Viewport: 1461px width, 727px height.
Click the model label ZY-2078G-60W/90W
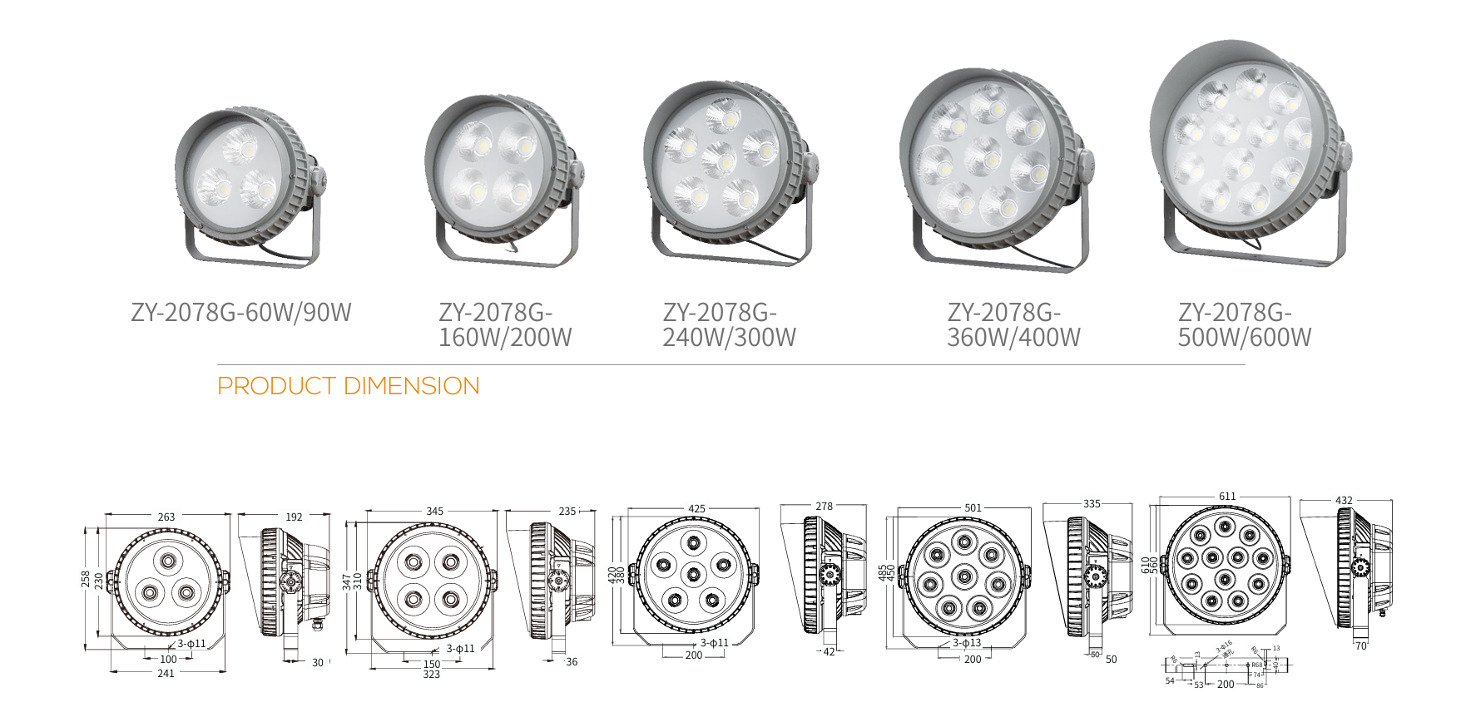241,313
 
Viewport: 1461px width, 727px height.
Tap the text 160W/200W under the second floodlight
505,338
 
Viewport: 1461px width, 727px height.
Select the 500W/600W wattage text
1244,338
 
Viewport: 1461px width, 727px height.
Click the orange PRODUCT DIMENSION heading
348,386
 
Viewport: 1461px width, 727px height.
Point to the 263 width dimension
166,517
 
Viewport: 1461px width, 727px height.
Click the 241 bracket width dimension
166,673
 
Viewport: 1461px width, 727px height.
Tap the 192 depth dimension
294,517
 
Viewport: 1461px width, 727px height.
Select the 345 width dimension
434,512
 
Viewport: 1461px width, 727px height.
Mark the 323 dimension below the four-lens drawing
431,675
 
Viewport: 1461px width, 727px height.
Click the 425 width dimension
696,509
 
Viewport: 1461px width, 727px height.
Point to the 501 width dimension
973,508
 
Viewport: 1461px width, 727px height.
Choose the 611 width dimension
1227,497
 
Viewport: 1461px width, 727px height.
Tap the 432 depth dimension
1344,501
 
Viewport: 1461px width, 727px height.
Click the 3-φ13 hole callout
967,643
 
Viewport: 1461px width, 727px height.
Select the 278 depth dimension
824,507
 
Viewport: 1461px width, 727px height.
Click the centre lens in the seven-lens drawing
694,574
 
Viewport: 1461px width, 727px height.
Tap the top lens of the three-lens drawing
168,561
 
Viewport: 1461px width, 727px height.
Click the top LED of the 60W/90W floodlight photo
246,148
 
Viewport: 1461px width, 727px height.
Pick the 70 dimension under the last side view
1361,645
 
